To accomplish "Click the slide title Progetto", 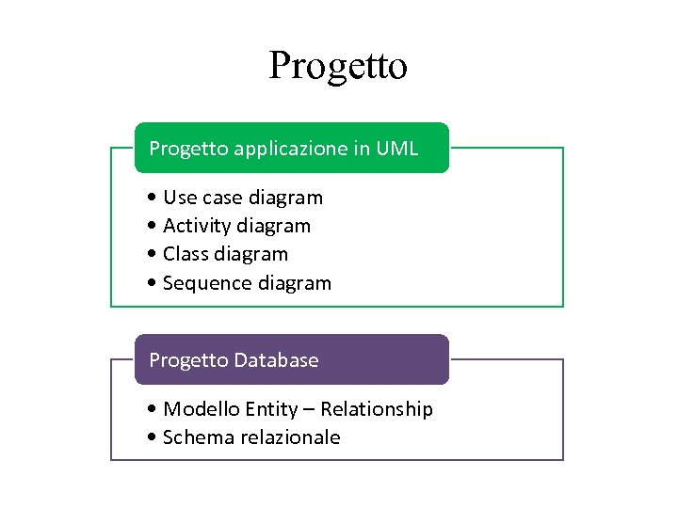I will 338,67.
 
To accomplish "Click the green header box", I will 291,148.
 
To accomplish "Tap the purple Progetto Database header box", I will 291,359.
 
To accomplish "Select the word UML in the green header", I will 396,149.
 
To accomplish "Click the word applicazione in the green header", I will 279,149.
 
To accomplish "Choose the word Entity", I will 267,409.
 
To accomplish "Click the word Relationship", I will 377,409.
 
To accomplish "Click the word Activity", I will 191,226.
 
